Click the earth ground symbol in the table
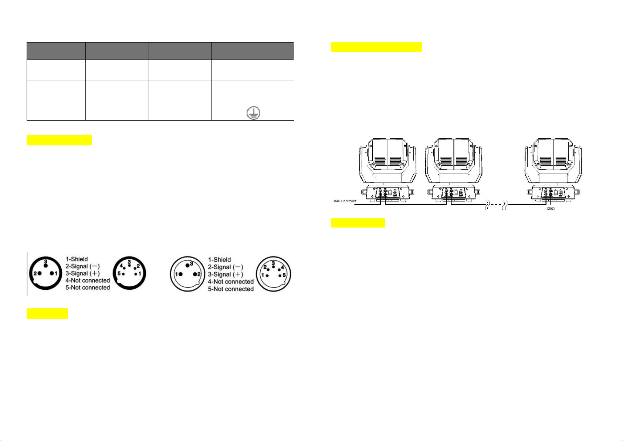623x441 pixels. (x=253, y=113)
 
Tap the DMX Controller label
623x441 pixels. (x=344, y=201)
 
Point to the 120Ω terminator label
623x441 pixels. (x=550, y=208)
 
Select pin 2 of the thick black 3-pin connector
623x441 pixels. (x=40, y=273)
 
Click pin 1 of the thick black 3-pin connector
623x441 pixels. (x=52, y=273)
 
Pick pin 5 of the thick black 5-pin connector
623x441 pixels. (x=123, y=274)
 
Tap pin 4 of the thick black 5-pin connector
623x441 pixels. (x=124, y=268)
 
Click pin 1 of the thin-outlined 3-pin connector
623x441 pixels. (x=180, y=274)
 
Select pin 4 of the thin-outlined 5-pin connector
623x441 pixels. (x=279, y=270)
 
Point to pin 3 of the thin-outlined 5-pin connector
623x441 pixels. (x=273, y=267)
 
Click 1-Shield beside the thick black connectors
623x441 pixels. (x=77, y=259)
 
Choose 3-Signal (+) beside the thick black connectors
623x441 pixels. (x=82, y=273)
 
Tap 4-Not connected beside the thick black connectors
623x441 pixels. (x=88, y=280)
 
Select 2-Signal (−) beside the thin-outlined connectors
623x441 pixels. (x=226, y=267)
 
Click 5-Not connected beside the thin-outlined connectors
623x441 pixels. (x=231, y=289)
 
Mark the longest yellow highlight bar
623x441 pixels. (x=376, y=47)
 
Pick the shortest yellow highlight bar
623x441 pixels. (x=47, y=314)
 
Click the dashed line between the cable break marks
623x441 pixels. (x=495, y=205)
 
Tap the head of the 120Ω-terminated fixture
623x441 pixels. (x=553, y=160)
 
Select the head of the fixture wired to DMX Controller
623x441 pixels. (x=388, y=160)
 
